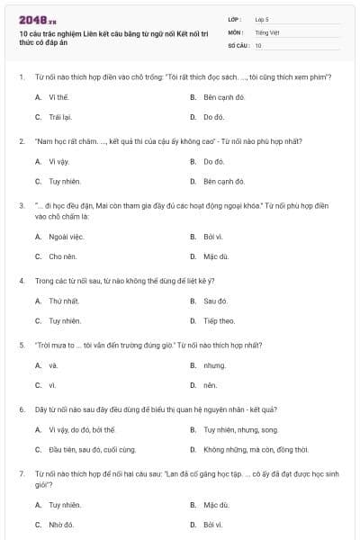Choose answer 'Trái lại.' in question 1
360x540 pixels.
coord(59,117)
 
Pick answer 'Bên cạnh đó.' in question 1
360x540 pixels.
coord(224,96)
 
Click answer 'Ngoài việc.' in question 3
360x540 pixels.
coord(66,237)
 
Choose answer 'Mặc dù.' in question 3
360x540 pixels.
coord(216,256)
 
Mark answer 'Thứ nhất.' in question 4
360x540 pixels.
coord(64,301)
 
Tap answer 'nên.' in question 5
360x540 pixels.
coord(211,385)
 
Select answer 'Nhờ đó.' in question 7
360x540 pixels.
coord(61,524)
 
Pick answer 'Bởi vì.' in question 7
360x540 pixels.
coord(213,524)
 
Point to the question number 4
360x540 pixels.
coord(21,281)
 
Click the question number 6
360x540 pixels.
coord(21,409)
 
